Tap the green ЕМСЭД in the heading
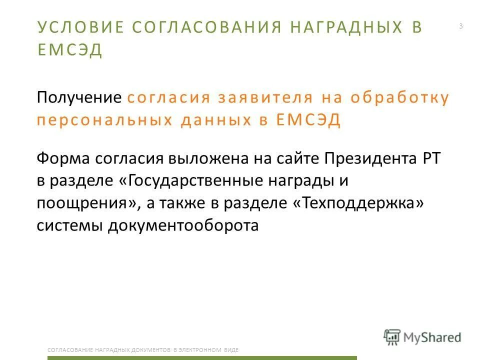tap(70, 50)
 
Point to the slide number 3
tap(460, 26)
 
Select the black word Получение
tap(79, 97)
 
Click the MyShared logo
tap(422, 337)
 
